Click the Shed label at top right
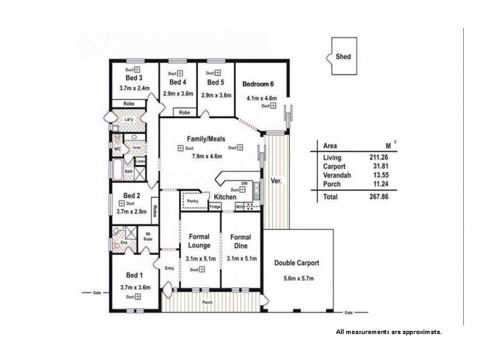tap(344, 57)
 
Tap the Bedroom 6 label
tap(259, 84)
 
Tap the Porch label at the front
tap(207, 302)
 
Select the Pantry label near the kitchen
tap(193, 201)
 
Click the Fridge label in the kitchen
tap(215, 206)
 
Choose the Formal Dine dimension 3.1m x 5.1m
tap(242, 259)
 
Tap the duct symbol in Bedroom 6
tap(272, 106)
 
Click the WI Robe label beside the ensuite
tap(148, 236)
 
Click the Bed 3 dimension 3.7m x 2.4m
tap(134, 88)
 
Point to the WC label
tap(118, 148)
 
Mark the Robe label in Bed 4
tap(185, 112)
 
